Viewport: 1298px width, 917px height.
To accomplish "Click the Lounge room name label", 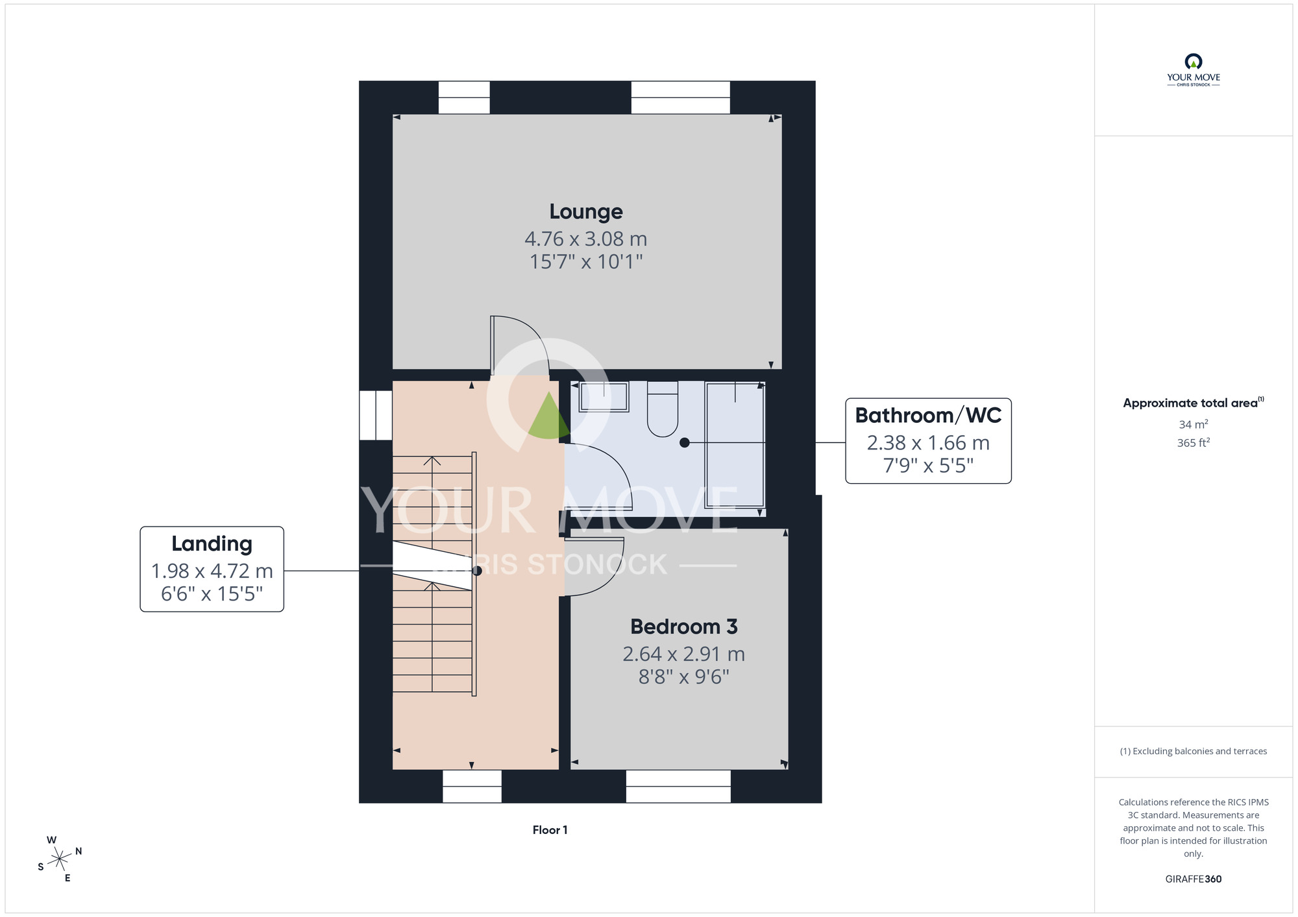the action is pyautogui.click(x=586, y=211).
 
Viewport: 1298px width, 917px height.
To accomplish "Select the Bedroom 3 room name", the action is pyautogui.click(x=684, y=626).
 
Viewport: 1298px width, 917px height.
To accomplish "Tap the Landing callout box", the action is pyautogui.click(x=212, y=569).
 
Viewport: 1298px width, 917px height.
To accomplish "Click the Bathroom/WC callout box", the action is pyautogui.click(x=928, y=441).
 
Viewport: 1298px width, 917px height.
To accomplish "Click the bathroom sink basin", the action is pyautogui.click(x=604, y=396).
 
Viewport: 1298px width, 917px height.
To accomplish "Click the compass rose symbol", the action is pyautogui.click(x=60, y=859).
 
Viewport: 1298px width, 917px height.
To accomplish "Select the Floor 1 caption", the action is pyautogui.click(x=550, y=830).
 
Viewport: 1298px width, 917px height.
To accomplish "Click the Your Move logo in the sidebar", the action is pyautogui.click(x=1193, y=70).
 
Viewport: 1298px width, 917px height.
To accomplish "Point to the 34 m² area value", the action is pyautogui.click(x=1193, y=424).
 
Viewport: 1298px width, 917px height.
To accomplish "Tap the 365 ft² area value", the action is pyautogui.click(x=1193, y=443).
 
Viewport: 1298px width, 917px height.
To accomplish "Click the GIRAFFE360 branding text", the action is pyautogui.click(x=1193, y=879).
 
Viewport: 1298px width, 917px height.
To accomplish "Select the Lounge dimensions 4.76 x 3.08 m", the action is pyautogui.click(x=586, y=239).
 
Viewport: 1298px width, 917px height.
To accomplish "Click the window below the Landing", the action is pyautogui.click(x=472, y=786).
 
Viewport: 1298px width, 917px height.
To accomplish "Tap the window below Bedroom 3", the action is pyautogui.click(x=678, y=786).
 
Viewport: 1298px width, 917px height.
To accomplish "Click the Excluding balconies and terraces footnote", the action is pyautogui.click(x=1193, y=751).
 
